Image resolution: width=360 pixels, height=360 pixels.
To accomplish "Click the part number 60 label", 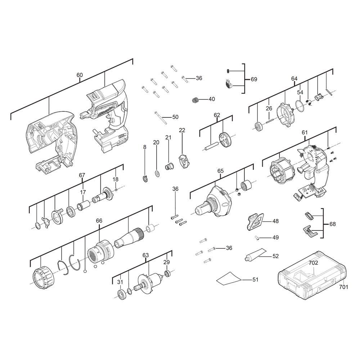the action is tap(80, 75).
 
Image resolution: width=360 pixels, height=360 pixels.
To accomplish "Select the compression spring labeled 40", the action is tap(195, 100).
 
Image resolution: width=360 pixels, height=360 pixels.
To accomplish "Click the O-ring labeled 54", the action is tap(299, 105).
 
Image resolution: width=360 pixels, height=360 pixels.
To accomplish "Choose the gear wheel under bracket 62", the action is tap(225, 139).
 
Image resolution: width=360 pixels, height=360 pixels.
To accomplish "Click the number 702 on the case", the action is tap(314, 263).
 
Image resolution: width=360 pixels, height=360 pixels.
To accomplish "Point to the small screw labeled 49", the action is tap(257, 238).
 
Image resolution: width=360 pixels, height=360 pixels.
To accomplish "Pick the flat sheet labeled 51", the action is tap(229, 279).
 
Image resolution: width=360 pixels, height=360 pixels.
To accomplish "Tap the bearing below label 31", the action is tap(121, 295).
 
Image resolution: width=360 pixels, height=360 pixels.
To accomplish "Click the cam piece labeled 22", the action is tap(184, 162).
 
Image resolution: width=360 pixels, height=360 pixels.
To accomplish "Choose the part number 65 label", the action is tap(220, 171).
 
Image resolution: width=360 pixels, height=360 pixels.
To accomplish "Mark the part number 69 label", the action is tap(254, 80).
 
